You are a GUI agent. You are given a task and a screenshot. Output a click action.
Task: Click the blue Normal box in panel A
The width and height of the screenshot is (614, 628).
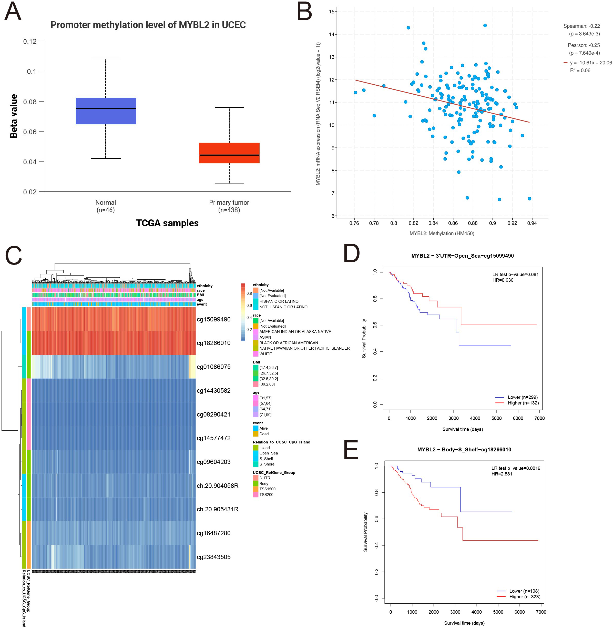(x=106, y=111)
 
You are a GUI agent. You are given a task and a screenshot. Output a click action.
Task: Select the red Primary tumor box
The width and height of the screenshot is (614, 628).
(x=229, y=153)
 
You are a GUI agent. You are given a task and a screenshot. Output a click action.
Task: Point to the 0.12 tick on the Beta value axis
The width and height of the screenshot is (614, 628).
(x=30, y=41)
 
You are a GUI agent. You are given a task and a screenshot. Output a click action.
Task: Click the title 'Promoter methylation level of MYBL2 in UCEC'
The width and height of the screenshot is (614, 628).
(x=148, y=25)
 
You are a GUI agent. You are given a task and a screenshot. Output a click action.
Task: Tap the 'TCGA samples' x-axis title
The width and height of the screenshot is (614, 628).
(x=167, y=223)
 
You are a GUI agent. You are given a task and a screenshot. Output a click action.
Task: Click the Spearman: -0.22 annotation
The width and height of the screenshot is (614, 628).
(x=581, y=26)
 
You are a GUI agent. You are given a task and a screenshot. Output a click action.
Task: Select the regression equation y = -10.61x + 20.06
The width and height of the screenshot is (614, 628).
(x=590, y=63)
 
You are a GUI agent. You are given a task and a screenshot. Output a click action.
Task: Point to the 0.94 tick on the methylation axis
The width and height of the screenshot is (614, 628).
(x=532, y=223)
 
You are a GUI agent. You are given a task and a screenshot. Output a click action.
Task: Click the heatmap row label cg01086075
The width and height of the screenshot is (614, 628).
(x=213, y=367)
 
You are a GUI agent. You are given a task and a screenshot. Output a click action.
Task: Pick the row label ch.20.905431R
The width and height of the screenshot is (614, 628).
(x=217, y=509)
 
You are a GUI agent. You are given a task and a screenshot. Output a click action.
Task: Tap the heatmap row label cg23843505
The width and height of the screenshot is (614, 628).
(x=213, y=557)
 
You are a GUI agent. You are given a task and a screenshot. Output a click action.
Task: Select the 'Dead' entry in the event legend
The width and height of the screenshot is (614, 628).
(x=264, y=434)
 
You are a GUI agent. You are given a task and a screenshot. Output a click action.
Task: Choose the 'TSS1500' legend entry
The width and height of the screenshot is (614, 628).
(x=267, y=489)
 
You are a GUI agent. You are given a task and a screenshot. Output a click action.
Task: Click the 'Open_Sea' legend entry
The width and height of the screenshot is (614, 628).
(x=268, y=453)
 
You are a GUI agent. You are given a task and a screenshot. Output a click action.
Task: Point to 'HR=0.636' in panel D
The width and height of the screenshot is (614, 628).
(x=503, y=280)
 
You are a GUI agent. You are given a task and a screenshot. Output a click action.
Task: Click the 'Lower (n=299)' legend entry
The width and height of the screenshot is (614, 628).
(x=523, y=397)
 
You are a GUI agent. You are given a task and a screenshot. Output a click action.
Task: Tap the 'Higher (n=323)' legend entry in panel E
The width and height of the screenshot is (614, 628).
(x=524, y=597)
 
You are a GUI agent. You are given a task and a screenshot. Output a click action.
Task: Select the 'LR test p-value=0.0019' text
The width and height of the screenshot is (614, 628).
(x=516, y=468)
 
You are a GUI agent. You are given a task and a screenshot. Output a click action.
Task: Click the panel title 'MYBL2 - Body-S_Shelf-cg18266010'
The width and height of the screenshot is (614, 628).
(x=464, y=450)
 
